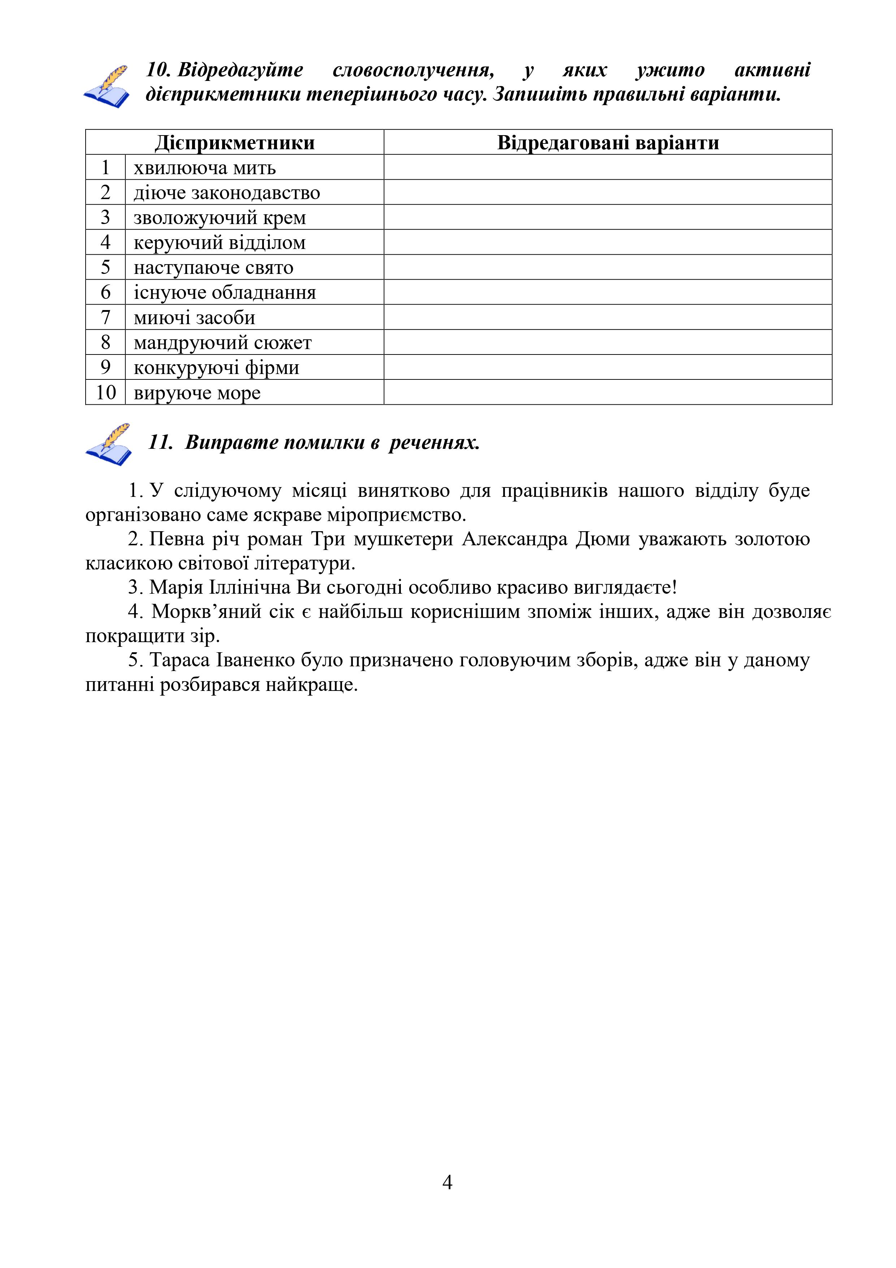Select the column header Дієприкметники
[x=235, y=142]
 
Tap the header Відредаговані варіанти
[x=608, y=142]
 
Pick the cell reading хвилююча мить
[x=205, y=167]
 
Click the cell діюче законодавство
[x=227, y=193]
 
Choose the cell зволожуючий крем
[x=220, y=218]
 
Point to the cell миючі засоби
[x=194, y=318]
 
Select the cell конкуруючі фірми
[x=216, y=367]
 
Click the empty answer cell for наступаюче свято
[x=608, y=267]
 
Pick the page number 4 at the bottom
[x=447, y=1182]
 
